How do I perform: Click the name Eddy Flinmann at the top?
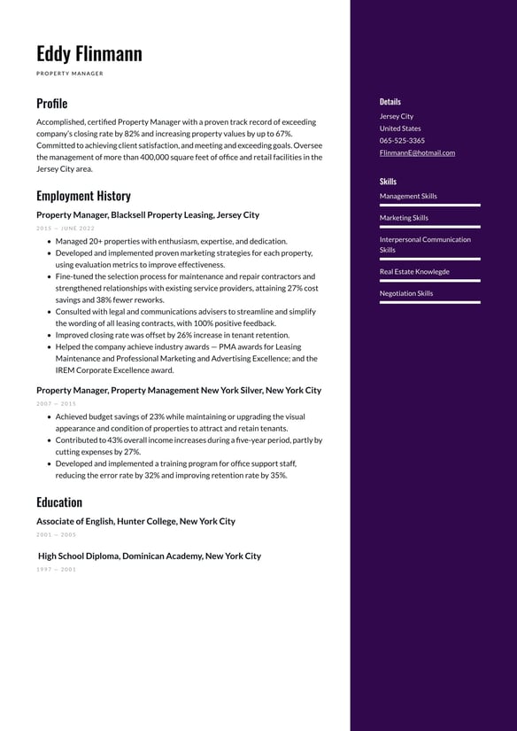(x=89, y=54)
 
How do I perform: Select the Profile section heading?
(x=51, y=103)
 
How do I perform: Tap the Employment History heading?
(x=83, y=196)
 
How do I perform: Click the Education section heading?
(x=59, y=502)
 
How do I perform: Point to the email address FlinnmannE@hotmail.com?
(x=417, y=152)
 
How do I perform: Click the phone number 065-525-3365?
(x=402, y=140)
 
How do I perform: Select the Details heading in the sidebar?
(x=390, y=102)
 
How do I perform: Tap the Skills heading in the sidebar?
(x=388, y=182)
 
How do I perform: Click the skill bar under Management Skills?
(x=429, y=206)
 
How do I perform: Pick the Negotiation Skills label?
(x=406, y=293)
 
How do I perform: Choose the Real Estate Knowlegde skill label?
(x=414, y=272)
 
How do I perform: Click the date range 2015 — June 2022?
(x=66, y=229)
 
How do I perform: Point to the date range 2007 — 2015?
(x=56, y=404)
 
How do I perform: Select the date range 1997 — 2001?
(x=56, y=570)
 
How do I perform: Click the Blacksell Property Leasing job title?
(x=148, y=215)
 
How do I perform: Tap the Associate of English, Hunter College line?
(x=135, y=522)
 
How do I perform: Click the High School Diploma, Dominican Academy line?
(x=150, y=556)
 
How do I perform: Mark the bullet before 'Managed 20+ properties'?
(x=49, y=241)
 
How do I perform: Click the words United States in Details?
(x=400, y=128)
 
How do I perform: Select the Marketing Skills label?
(x=404, y=218)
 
